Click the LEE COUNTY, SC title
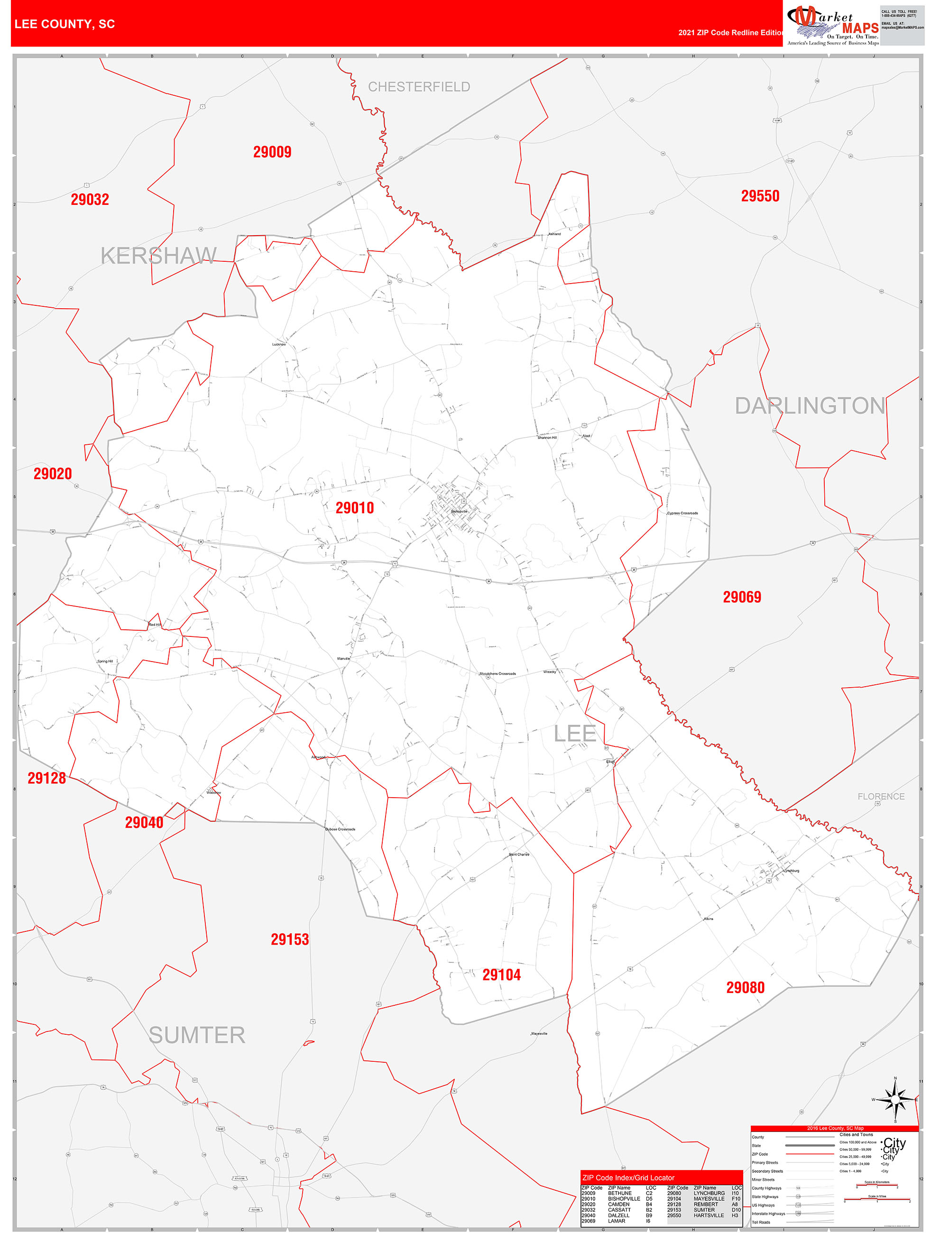[65, 24]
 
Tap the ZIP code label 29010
[355, 508]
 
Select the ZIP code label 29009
[272, 152]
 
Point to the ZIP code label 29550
[760, 196]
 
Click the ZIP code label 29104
[501, 975]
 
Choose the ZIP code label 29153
[289, 939]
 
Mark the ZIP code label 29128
[47, 778]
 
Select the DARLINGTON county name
[810, 406]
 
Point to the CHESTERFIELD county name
[419, 87]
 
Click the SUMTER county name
[197, 1035]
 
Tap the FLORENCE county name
[881, 797]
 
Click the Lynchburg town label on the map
[791, 871]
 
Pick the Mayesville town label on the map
[539, 1034]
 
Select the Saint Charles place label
[518, 855]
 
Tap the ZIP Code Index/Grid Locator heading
[628, 1178]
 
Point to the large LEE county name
[575, 734]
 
